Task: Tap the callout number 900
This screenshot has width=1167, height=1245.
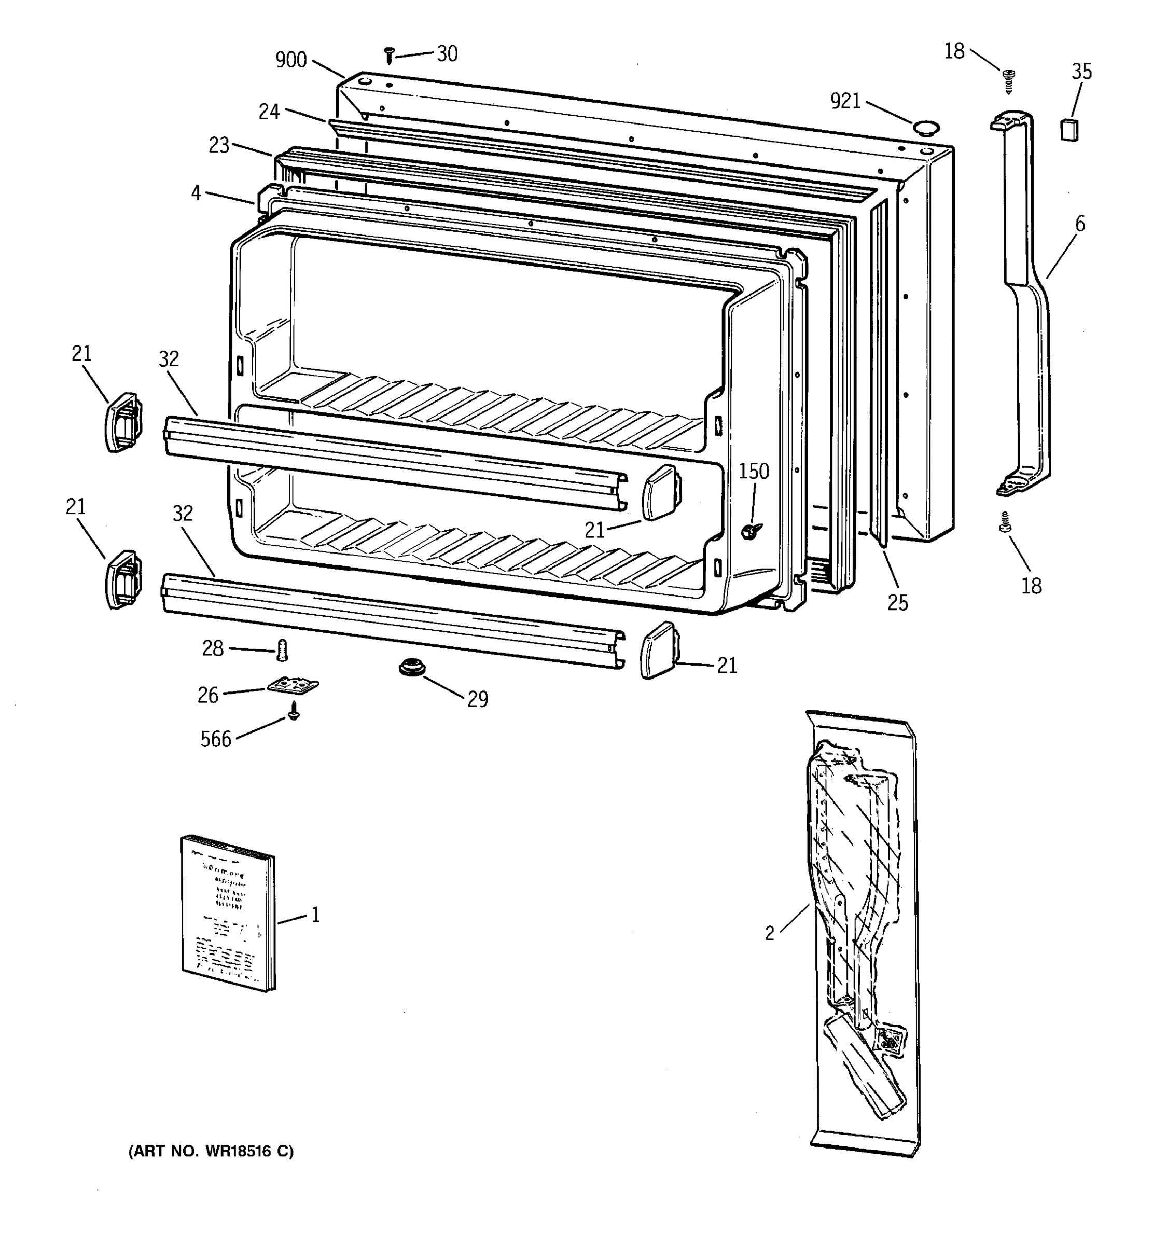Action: pos(291,60)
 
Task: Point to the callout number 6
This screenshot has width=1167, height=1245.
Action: pos(1080,224)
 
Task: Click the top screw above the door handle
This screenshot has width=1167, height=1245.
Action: pos(1009,81)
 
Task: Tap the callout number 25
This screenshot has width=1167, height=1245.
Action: pos(897,602)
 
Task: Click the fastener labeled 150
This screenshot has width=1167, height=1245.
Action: pos(748,532)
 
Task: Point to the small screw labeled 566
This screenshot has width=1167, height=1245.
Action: pos(293,710)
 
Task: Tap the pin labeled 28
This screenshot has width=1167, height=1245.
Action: pos(282,650)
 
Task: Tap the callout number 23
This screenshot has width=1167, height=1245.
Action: pos(219,145)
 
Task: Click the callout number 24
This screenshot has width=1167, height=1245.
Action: pos(269,112)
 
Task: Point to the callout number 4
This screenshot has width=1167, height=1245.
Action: pos(196,193)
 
